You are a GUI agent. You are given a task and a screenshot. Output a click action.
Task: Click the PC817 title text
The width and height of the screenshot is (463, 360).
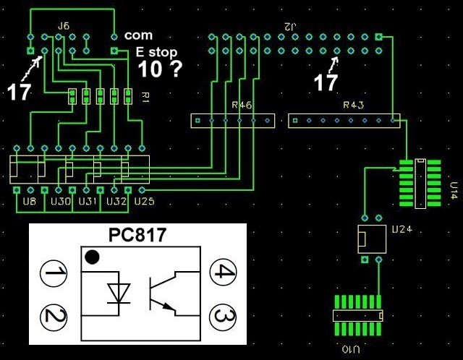pos(137,236)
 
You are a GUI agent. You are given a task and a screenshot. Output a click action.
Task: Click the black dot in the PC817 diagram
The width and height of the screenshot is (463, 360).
pos(92,257)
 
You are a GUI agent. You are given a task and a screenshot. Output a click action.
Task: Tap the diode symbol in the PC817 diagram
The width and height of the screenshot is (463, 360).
pos(117,292)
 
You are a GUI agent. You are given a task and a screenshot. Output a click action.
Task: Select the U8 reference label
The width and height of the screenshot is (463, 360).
pos(30,200)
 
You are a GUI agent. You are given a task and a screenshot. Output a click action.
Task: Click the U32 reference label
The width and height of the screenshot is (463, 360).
pos(116,200)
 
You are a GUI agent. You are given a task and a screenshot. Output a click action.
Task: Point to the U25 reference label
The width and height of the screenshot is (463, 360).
pos(144,200)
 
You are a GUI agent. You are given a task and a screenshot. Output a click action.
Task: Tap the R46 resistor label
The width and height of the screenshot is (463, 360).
pos(242,106)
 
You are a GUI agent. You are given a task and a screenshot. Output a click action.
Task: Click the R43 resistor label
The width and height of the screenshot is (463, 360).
pos(353,106)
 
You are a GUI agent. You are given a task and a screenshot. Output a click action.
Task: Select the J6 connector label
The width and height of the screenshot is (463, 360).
pos(64,26)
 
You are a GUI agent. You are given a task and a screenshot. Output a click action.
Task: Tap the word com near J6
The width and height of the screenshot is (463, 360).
pos(137,35)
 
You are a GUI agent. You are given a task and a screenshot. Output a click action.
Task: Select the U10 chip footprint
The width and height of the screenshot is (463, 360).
pos(358,315)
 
